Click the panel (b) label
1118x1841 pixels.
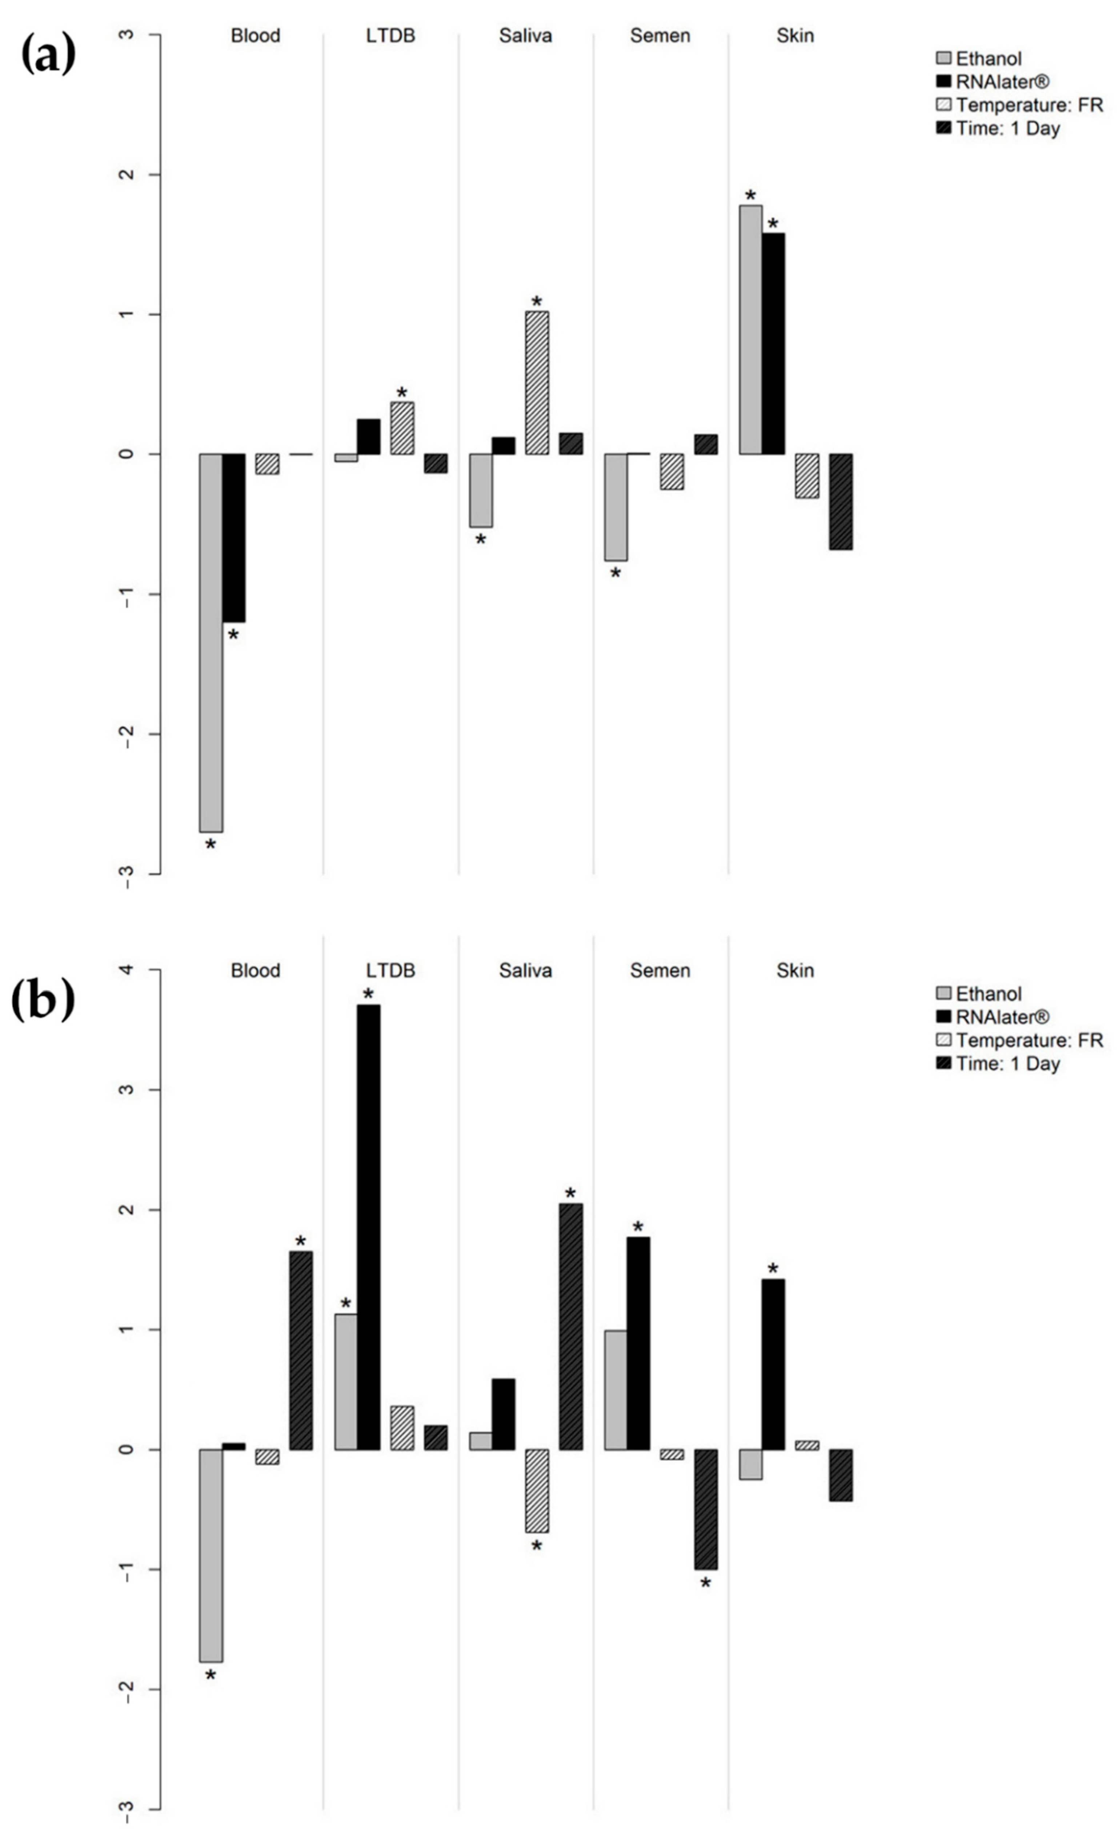[43, 1000]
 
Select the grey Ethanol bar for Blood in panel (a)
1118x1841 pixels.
[211, 642]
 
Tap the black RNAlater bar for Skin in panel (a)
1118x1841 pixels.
[773, 344]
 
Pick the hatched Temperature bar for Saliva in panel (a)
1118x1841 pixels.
[537, 383]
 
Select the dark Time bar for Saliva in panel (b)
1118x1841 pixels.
[571, 1326]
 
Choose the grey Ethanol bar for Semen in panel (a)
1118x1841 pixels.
[616, 507]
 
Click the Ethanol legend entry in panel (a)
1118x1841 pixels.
[988, 58]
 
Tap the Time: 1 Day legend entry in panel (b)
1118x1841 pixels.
[1007, 1063]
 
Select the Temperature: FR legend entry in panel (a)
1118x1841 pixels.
[1028, 105]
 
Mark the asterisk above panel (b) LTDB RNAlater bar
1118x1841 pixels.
[368, 995]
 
